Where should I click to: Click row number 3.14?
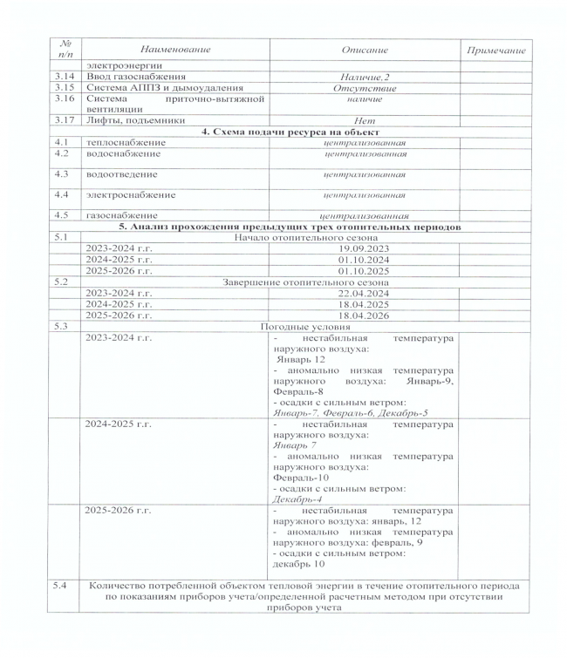(62, 77)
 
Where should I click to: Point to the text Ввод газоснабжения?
(133, 77)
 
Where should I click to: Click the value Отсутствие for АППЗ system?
(365, 88)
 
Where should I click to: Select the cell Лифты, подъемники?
(127, 120)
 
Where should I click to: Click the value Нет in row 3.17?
(365, 121)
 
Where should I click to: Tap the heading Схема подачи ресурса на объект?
(297, 131)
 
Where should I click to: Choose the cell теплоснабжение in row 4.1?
(124, 141)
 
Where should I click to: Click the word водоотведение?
(123, 175)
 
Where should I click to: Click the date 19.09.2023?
(365, 248)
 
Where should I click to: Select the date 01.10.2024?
(365, 259)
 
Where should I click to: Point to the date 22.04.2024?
(365, 293)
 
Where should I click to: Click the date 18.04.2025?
(365, 304)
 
